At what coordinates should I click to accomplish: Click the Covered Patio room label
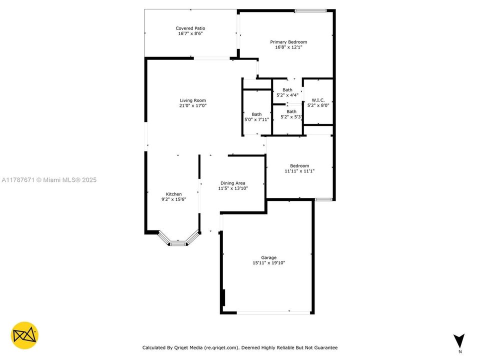coord(190,28)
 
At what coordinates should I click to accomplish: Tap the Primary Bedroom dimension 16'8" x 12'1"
coord(288,47)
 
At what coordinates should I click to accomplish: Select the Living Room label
coord(192,100)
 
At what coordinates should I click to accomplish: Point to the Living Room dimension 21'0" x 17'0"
coord(192,106)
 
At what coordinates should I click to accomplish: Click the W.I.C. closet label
coord(318,100)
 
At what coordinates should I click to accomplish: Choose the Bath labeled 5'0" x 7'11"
coord(256,114)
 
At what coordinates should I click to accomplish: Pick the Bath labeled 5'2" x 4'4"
coord(287,90)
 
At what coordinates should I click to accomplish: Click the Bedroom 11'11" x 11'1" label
coord(299,166)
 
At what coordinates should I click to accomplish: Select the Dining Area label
coord(233,183)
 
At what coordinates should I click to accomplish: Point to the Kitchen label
coord(174,194)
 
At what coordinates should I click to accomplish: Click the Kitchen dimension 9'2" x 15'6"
coord(174,199)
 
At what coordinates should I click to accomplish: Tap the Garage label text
coord(268,257)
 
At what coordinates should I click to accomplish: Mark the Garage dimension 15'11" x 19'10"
coord(268,263)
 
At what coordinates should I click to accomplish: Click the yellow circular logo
coord(24,335)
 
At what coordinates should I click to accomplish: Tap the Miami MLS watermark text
coord(49,180)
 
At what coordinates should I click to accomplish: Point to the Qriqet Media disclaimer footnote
coord(240,347)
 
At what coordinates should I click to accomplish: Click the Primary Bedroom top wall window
coord(310,10)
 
